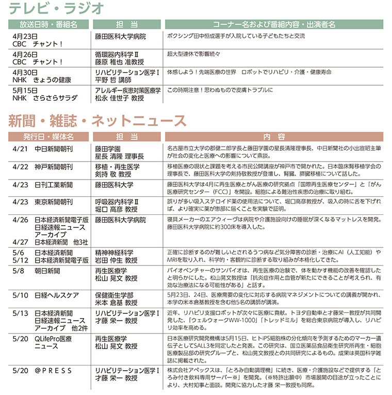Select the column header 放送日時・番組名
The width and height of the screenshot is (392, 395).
48,24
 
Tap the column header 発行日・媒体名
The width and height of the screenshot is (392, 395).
48,137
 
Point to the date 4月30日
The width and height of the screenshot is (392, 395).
24,72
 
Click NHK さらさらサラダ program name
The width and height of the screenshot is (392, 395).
44,98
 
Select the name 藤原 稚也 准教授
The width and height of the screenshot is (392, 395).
119,62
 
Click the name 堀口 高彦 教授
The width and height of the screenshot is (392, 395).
116,210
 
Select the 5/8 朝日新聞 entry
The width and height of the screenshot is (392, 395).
36,270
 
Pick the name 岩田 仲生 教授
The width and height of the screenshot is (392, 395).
116,260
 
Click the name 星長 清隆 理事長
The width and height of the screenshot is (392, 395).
119,156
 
